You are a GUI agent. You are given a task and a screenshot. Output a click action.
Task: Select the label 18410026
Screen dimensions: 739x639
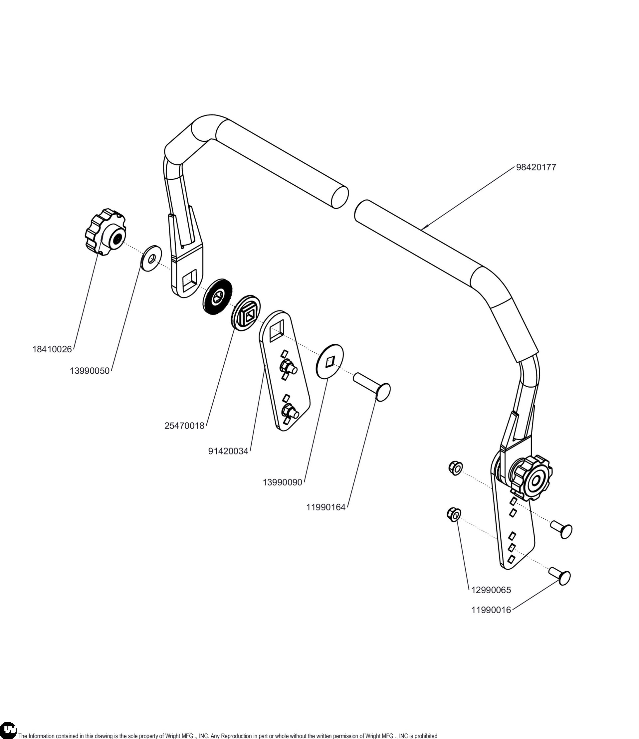pos(52,349)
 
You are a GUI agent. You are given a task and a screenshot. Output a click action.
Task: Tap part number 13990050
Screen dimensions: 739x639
pos(90,371)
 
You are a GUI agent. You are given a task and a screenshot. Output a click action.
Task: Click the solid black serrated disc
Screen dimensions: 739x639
pos(218,297)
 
